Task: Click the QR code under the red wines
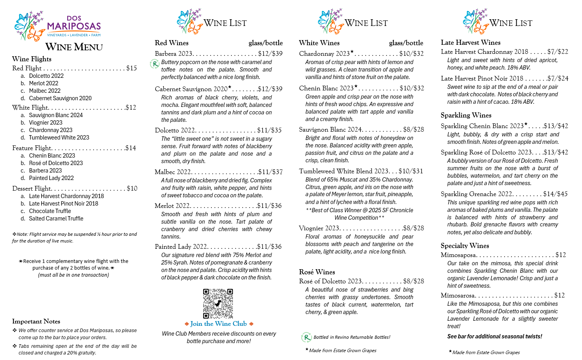[x=218, y=303]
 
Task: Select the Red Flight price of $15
[x=131, y=68]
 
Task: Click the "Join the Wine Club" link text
[x=218, y=324]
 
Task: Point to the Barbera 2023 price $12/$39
[x=270, y=53]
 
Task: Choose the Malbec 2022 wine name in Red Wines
[x=173, y=172]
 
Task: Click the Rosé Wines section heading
[x=317, y=272]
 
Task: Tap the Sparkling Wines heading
[x=466, y=115]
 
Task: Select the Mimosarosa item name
[x=458, y=295]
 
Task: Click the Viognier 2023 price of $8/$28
[x=413, y=228]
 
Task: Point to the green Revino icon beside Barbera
[x=155, y=64]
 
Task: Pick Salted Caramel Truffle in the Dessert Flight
[x=56, y=219]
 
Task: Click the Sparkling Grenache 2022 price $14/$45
[x=555, y=194]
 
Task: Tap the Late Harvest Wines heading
[x=470, y=42]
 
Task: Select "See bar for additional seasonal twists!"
[x=494, y=336]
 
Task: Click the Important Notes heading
[x=36, y=321]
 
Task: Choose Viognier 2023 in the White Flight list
[x=46, y=123]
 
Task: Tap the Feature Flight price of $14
[x=130, y=148]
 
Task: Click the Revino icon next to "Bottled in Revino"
[x=306, y=337]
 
